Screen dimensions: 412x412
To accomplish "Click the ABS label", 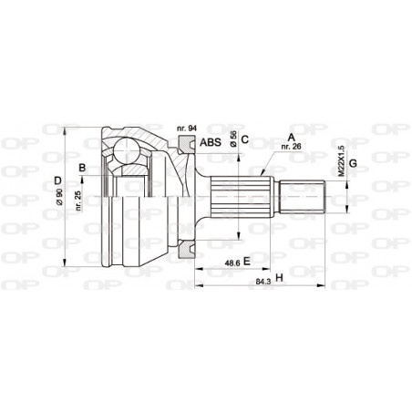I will click(x=210, y=142).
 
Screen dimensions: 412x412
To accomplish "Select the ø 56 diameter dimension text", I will click(x=234, y=139).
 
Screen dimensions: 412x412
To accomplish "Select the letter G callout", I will click(x=353, y=164).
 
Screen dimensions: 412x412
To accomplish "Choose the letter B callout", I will click(x=82, y=167).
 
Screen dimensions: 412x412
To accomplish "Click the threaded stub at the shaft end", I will click(x=304, y=196).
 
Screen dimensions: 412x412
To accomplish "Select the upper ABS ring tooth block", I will click(x=189, y=142).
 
